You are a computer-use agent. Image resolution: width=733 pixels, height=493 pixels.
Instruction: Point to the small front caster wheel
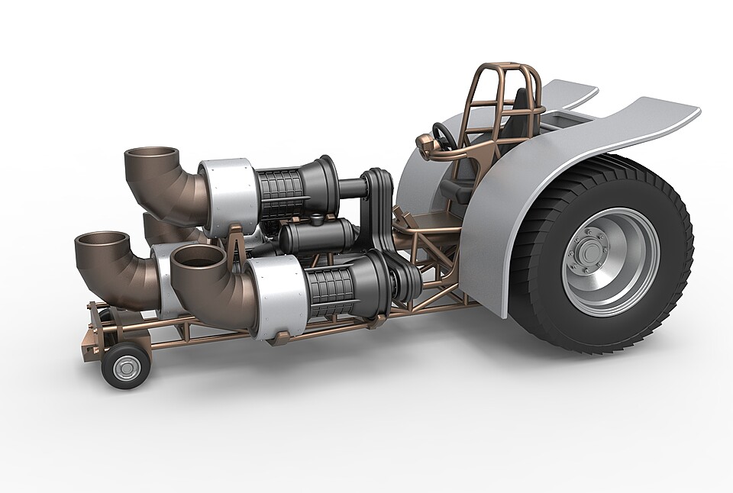click(x=125, y=366)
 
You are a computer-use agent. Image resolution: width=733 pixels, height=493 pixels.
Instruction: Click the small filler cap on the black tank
click(x=315, y=221)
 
